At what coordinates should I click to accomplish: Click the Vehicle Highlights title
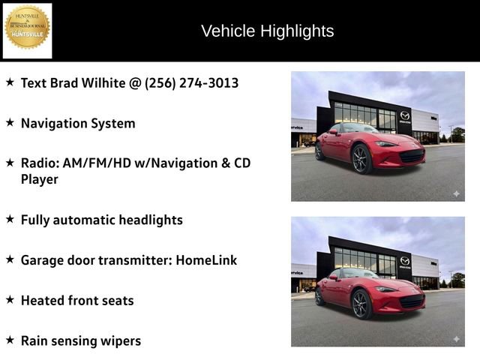tap(267, 31)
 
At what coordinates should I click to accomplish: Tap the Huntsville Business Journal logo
tap(28, 31)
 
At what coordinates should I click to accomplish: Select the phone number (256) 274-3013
tap(191, 82)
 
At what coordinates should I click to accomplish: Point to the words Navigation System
tap(78, 123)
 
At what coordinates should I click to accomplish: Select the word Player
tap(39, 179)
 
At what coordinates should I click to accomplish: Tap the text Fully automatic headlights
tap(101, 220)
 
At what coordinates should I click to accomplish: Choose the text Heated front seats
tap(77, 300)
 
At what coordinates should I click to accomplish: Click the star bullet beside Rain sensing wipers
tap(10, 340)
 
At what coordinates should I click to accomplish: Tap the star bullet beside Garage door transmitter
tap(10, 259)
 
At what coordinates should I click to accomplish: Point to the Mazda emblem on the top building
tap(405, 115)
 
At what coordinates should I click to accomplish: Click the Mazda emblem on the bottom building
tap(405, 261)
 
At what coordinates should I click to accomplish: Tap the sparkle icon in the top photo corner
tap(455, 193)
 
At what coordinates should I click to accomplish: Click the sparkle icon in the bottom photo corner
tap(455, 339)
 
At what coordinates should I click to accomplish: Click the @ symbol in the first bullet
tap(135, 82)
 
